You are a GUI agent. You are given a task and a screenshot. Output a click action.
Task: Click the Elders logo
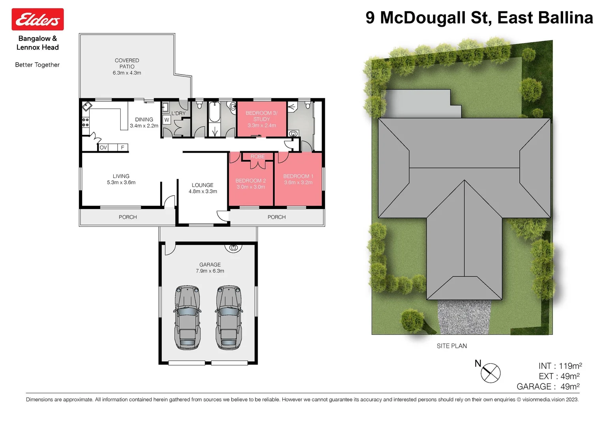37,19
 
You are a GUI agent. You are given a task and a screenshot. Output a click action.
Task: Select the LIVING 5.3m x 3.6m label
121,179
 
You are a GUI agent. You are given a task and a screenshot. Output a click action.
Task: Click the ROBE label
258,157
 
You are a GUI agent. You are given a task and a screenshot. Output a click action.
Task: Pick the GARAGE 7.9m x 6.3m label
210,268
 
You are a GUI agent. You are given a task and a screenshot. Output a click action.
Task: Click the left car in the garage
187,318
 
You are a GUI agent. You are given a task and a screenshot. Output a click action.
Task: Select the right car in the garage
229,318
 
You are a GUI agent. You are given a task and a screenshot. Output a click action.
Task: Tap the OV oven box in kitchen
103,148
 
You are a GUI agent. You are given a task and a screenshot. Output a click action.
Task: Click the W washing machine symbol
167,120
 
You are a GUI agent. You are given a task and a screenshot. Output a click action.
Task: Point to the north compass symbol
490,372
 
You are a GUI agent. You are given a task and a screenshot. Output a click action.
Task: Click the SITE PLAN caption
451,346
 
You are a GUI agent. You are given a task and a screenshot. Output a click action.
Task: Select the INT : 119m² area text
560,366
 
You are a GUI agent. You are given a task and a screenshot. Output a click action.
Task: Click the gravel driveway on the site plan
464,317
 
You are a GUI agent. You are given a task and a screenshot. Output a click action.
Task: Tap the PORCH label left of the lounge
128,217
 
